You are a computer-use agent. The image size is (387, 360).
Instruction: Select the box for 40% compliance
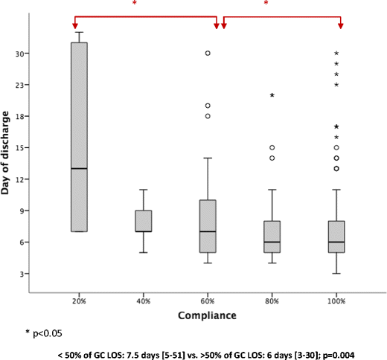(144, 221)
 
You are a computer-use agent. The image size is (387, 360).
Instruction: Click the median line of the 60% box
(208, 231)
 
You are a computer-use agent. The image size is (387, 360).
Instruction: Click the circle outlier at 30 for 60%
(208, 54)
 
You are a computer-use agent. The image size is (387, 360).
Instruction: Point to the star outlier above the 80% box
(272, 96)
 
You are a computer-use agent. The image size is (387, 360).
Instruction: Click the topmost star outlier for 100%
(336, 54)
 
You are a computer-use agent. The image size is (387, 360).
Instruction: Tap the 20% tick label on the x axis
(80, 300)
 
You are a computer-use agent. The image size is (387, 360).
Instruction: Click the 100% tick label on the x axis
(336, 300)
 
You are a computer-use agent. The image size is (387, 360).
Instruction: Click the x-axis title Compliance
(208, 316)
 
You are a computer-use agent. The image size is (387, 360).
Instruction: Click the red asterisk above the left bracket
(134, 4)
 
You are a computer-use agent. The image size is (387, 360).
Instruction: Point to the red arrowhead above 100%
(341, 27)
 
